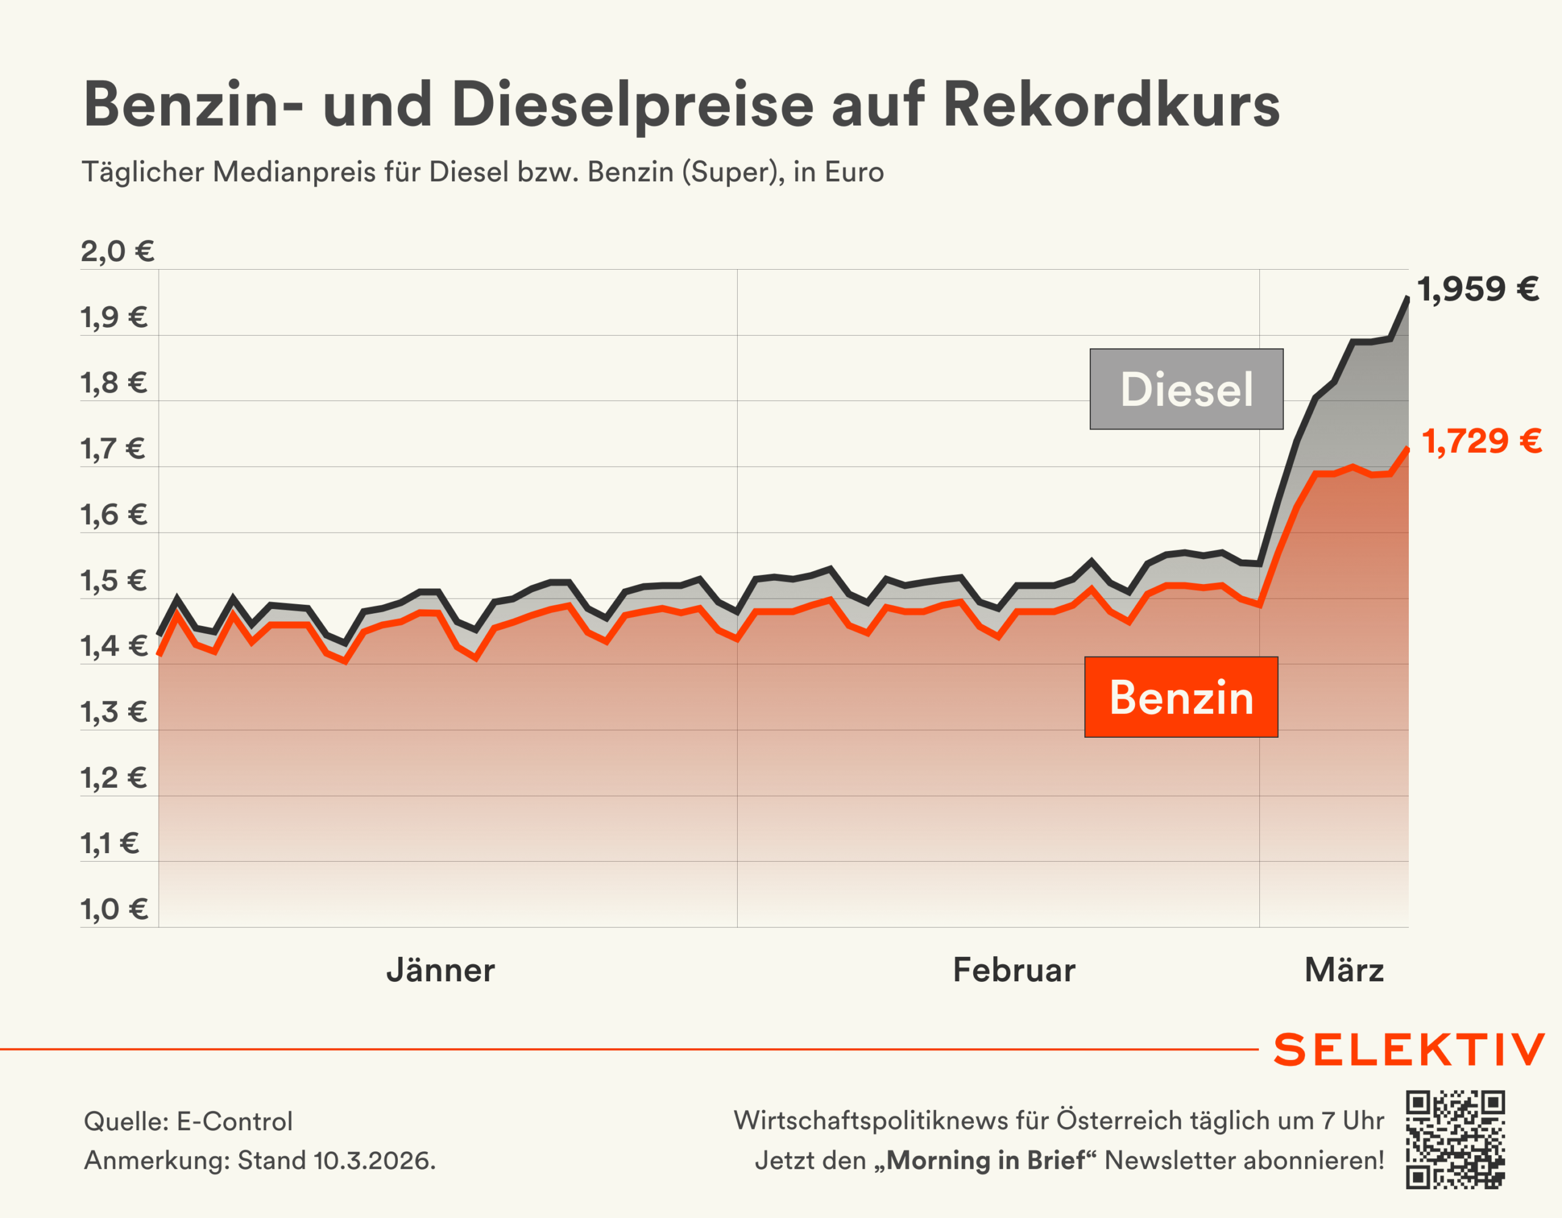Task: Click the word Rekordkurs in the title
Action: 1110,105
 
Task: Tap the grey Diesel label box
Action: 1186,389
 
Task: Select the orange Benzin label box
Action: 1181,697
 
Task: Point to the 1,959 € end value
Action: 1478,290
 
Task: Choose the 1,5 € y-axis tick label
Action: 113,581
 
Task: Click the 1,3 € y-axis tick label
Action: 113,712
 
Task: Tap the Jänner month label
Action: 441,970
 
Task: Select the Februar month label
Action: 1013,970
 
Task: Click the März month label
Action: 1344,970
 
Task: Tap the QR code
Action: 1455,1140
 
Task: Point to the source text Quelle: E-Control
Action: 188,1122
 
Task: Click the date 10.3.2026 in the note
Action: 372,1160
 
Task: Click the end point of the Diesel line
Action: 1408,298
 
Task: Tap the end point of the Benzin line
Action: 1408,449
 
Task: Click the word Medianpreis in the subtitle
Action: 294,172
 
